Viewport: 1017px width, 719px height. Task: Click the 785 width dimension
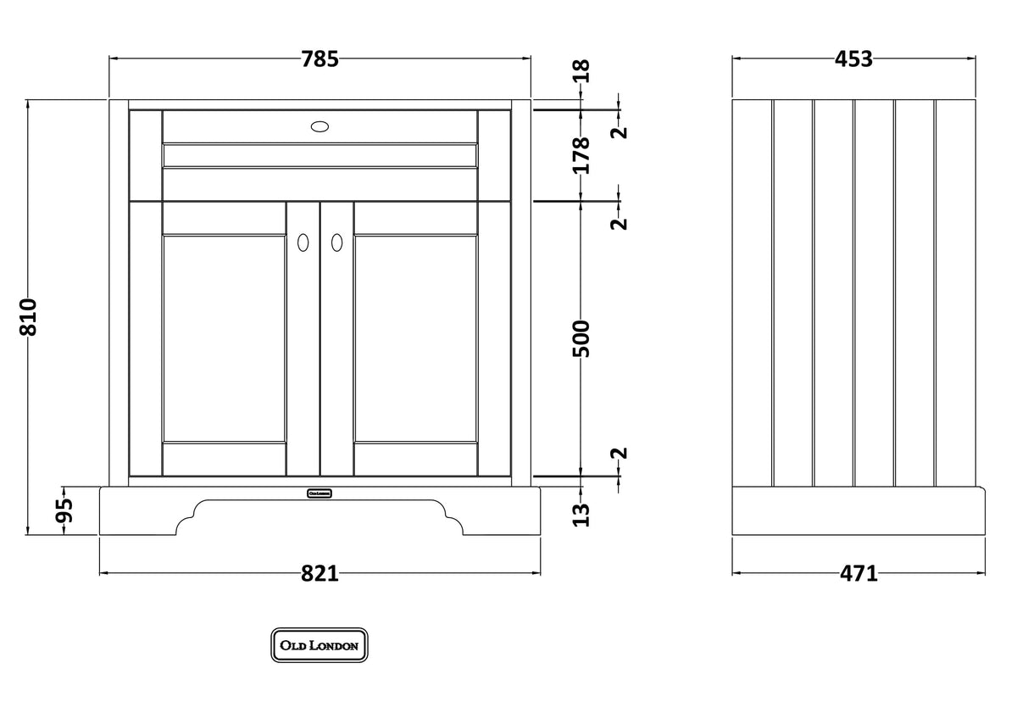point(320,59)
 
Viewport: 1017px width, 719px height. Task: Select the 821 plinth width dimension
point(320,574)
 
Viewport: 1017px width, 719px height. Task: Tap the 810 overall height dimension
point(28,316)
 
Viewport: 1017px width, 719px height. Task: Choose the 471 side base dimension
point(859,574)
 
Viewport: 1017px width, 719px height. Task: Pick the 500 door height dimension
point(581,337)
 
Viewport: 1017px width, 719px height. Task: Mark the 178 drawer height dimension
point(581,155)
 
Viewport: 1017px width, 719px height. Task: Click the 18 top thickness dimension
point(581,71)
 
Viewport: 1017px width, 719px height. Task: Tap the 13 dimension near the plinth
point(581,514)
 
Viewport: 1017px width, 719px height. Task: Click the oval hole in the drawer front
point(320,126)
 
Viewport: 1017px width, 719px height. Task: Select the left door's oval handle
point(302,242)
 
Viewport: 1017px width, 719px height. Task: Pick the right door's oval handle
point(336,242)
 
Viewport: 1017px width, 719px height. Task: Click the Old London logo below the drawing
point(320,645)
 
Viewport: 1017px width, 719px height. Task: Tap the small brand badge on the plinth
point(319,493)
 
